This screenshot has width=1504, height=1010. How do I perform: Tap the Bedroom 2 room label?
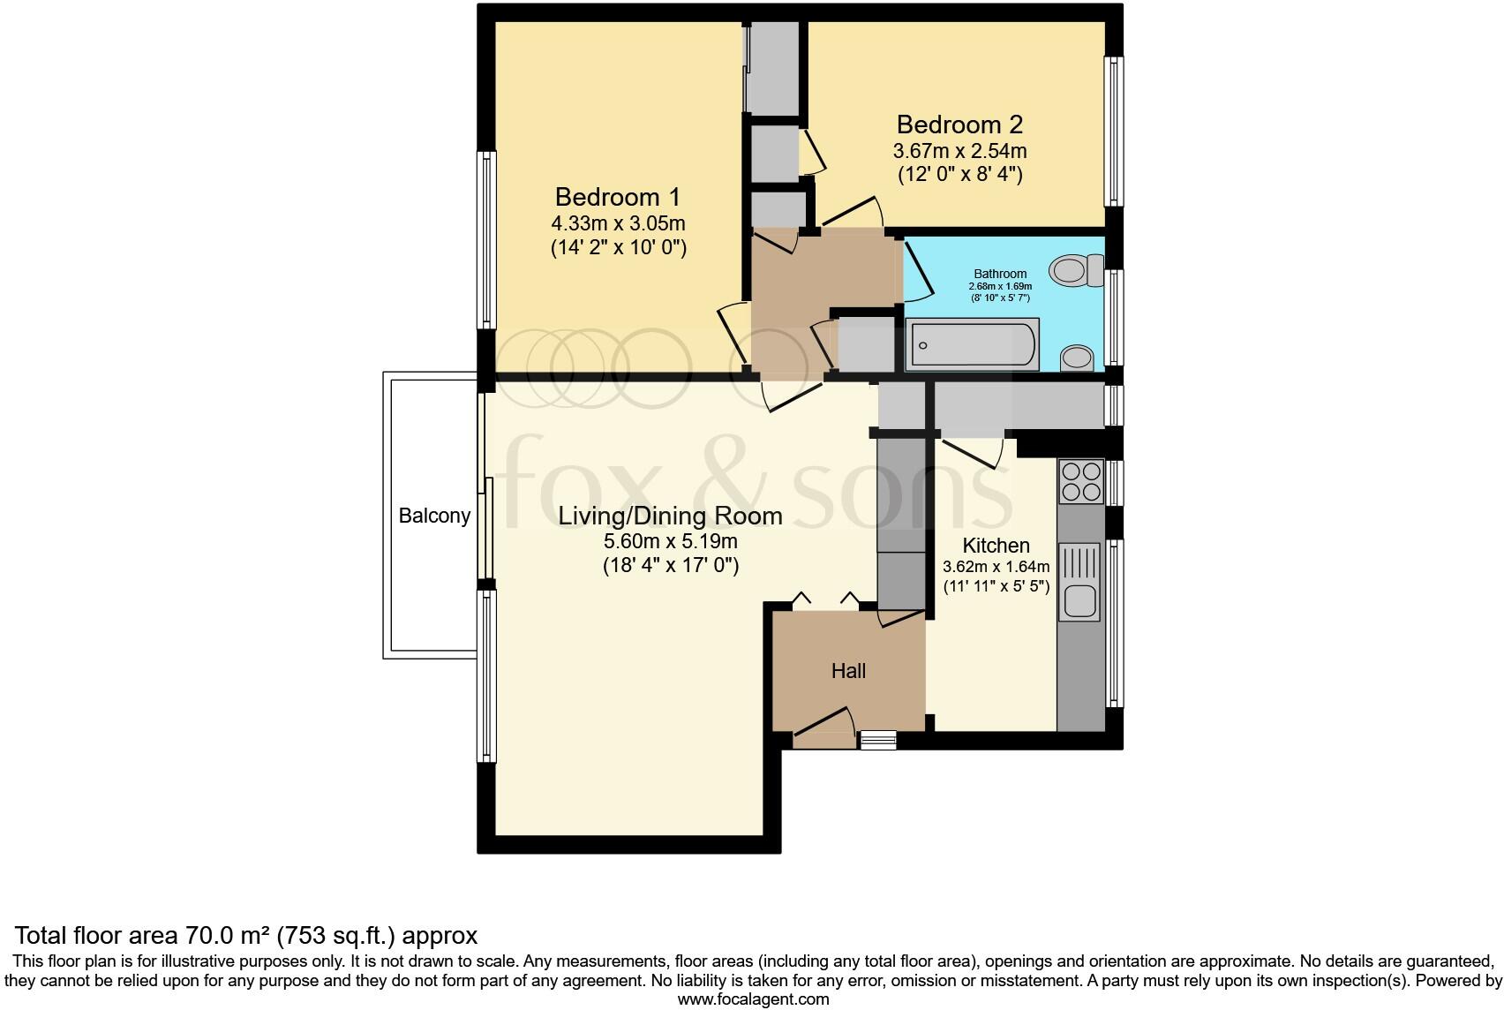coord(959,124)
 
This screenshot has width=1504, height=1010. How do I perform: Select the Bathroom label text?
coord(1000,274)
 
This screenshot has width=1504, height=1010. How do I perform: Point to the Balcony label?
coord(434,516)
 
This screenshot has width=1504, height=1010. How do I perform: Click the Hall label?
coord(848,671)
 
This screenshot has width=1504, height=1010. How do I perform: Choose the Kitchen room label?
coord(996,546)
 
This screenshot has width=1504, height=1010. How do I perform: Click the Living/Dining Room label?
coord(670,516)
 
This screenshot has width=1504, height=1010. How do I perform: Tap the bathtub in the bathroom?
coord(973,344)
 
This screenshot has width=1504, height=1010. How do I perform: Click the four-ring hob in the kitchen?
coord(1081,481)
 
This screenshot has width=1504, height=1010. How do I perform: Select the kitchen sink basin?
coord(1079,601)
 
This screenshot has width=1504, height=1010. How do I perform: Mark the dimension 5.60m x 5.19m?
coord(670,541)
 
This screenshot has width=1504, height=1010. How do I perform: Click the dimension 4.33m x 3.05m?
coord(618,222)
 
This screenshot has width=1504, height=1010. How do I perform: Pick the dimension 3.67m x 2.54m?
coord(959,151)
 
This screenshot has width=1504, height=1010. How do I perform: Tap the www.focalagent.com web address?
coord(752,999)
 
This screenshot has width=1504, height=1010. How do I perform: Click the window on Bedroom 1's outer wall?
coord(486,240)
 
